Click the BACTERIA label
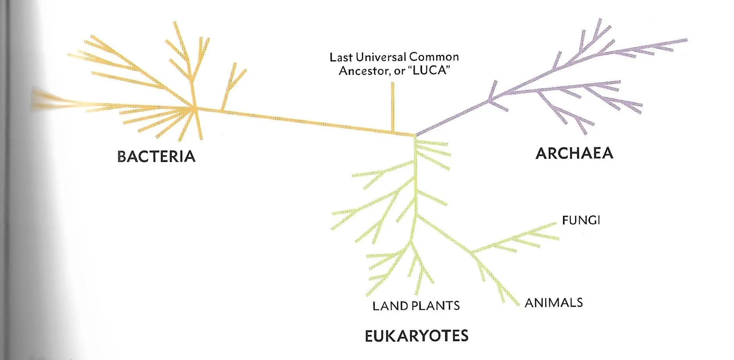[156, 156]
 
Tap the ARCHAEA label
[574, 153]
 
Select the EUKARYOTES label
[416, 336]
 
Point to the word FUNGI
[581, 220]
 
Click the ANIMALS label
[554, 303]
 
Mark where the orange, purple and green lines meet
[415, 135]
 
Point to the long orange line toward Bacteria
[305, 121]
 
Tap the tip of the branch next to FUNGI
[555, 224]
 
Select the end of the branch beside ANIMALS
[518, 304]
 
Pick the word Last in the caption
[338, 57]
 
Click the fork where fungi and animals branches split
[471, 251]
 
